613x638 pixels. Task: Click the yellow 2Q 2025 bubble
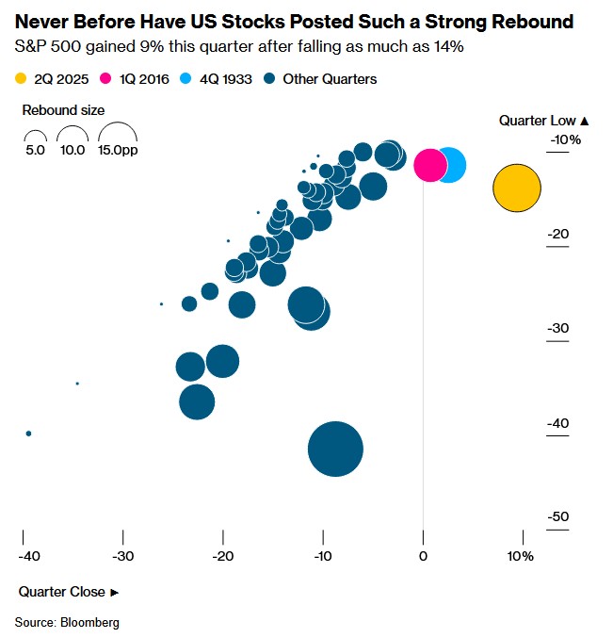point(517,188)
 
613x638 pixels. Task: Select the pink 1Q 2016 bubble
point(430,164)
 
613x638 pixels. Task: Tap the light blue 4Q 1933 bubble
point(450,165)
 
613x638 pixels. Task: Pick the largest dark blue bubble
point(335,450)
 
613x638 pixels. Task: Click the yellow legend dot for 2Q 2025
point(21,79)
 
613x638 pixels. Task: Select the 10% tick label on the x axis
point(521,556)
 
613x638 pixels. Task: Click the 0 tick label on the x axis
point(423,556)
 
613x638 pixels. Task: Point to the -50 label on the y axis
point(557,516)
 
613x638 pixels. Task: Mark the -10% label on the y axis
point(565,140)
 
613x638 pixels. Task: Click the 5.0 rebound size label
point(35,150)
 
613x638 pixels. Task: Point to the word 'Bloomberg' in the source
point(93,623)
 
